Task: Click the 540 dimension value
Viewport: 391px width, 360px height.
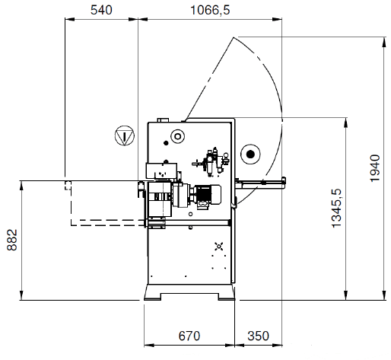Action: pyautogui.click(x=101, y=10)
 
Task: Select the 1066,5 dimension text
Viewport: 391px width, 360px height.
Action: pyautogui.click(x=210, y=10)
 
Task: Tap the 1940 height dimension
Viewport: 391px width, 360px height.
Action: pyautogui.click(x=375, y=168)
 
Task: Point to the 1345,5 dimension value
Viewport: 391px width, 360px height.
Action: pyautogui.click(x=337, y=208)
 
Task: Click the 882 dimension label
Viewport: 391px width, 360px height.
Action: pyautogui.click(x=12, y=240)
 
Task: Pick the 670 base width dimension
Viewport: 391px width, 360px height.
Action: pyautogui.click(x=189, y=336)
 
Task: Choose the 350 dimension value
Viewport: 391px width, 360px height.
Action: pyautogui.click(x=258, y=336)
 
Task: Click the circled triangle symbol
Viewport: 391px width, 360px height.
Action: pyautogui.click(x=125, y=135)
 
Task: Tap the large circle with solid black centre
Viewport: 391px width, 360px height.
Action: pyautogui.click(x=250, y=154)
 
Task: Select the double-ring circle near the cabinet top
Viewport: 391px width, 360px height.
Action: pyautogui.click(x=178, y=136)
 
